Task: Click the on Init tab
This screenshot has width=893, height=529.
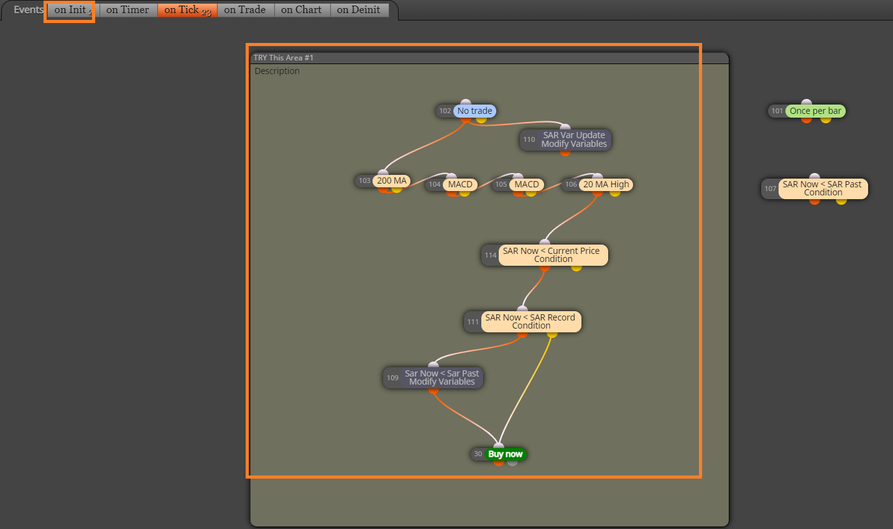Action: pyautogui.click(x=70, y=10)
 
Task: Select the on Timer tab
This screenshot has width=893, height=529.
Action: pyautogui.click(x=127, y=10)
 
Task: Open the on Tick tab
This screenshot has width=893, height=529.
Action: pyautogui.click(x=187, y=10)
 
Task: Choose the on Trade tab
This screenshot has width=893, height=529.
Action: pyautogui.click(x=245, y=10)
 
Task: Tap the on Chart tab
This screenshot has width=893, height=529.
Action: pyautogui.click(x=302, y=10)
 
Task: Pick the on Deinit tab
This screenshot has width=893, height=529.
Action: pyautogui.click(x=358, y=10)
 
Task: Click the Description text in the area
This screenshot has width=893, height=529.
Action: pyautogui.click(x=277, y=71)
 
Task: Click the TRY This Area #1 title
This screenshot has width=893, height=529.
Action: pyautogui.click(x=284, y=58)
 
